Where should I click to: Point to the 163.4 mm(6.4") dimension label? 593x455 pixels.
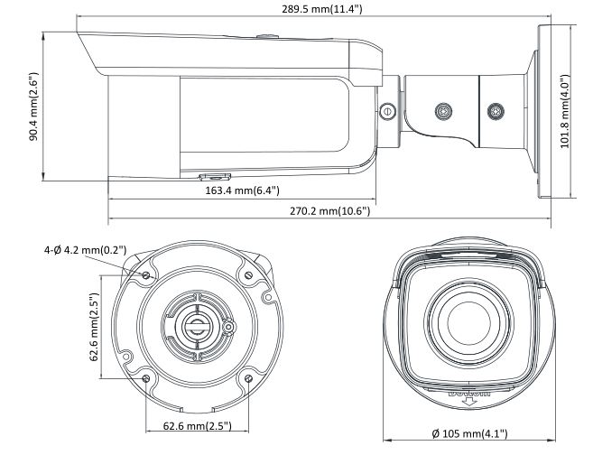pos(238,190)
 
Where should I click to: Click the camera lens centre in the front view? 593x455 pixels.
pos(467,320)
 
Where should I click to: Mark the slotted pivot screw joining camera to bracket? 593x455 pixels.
pos(388,112)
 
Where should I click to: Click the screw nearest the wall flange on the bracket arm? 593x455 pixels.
pos(494,112)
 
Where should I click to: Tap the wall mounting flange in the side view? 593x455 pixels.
pos(543,112)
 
